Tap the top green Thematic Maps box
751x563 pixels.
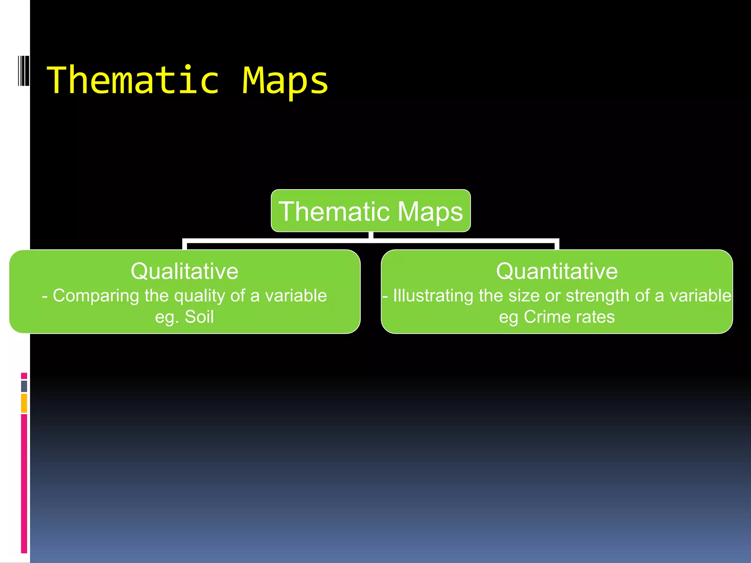371,211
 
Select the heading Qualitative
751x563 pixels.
184,271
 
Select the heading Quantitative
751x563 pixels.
557,271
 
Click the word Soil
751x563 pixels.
199,317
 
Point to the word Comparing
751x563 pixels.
96,296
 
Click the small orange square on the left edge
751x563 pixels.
24,403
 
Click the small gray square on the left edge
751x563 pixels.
24,386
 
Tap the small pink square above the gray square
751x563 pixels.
24,376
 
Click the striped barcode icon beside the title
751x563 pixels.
23,71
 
